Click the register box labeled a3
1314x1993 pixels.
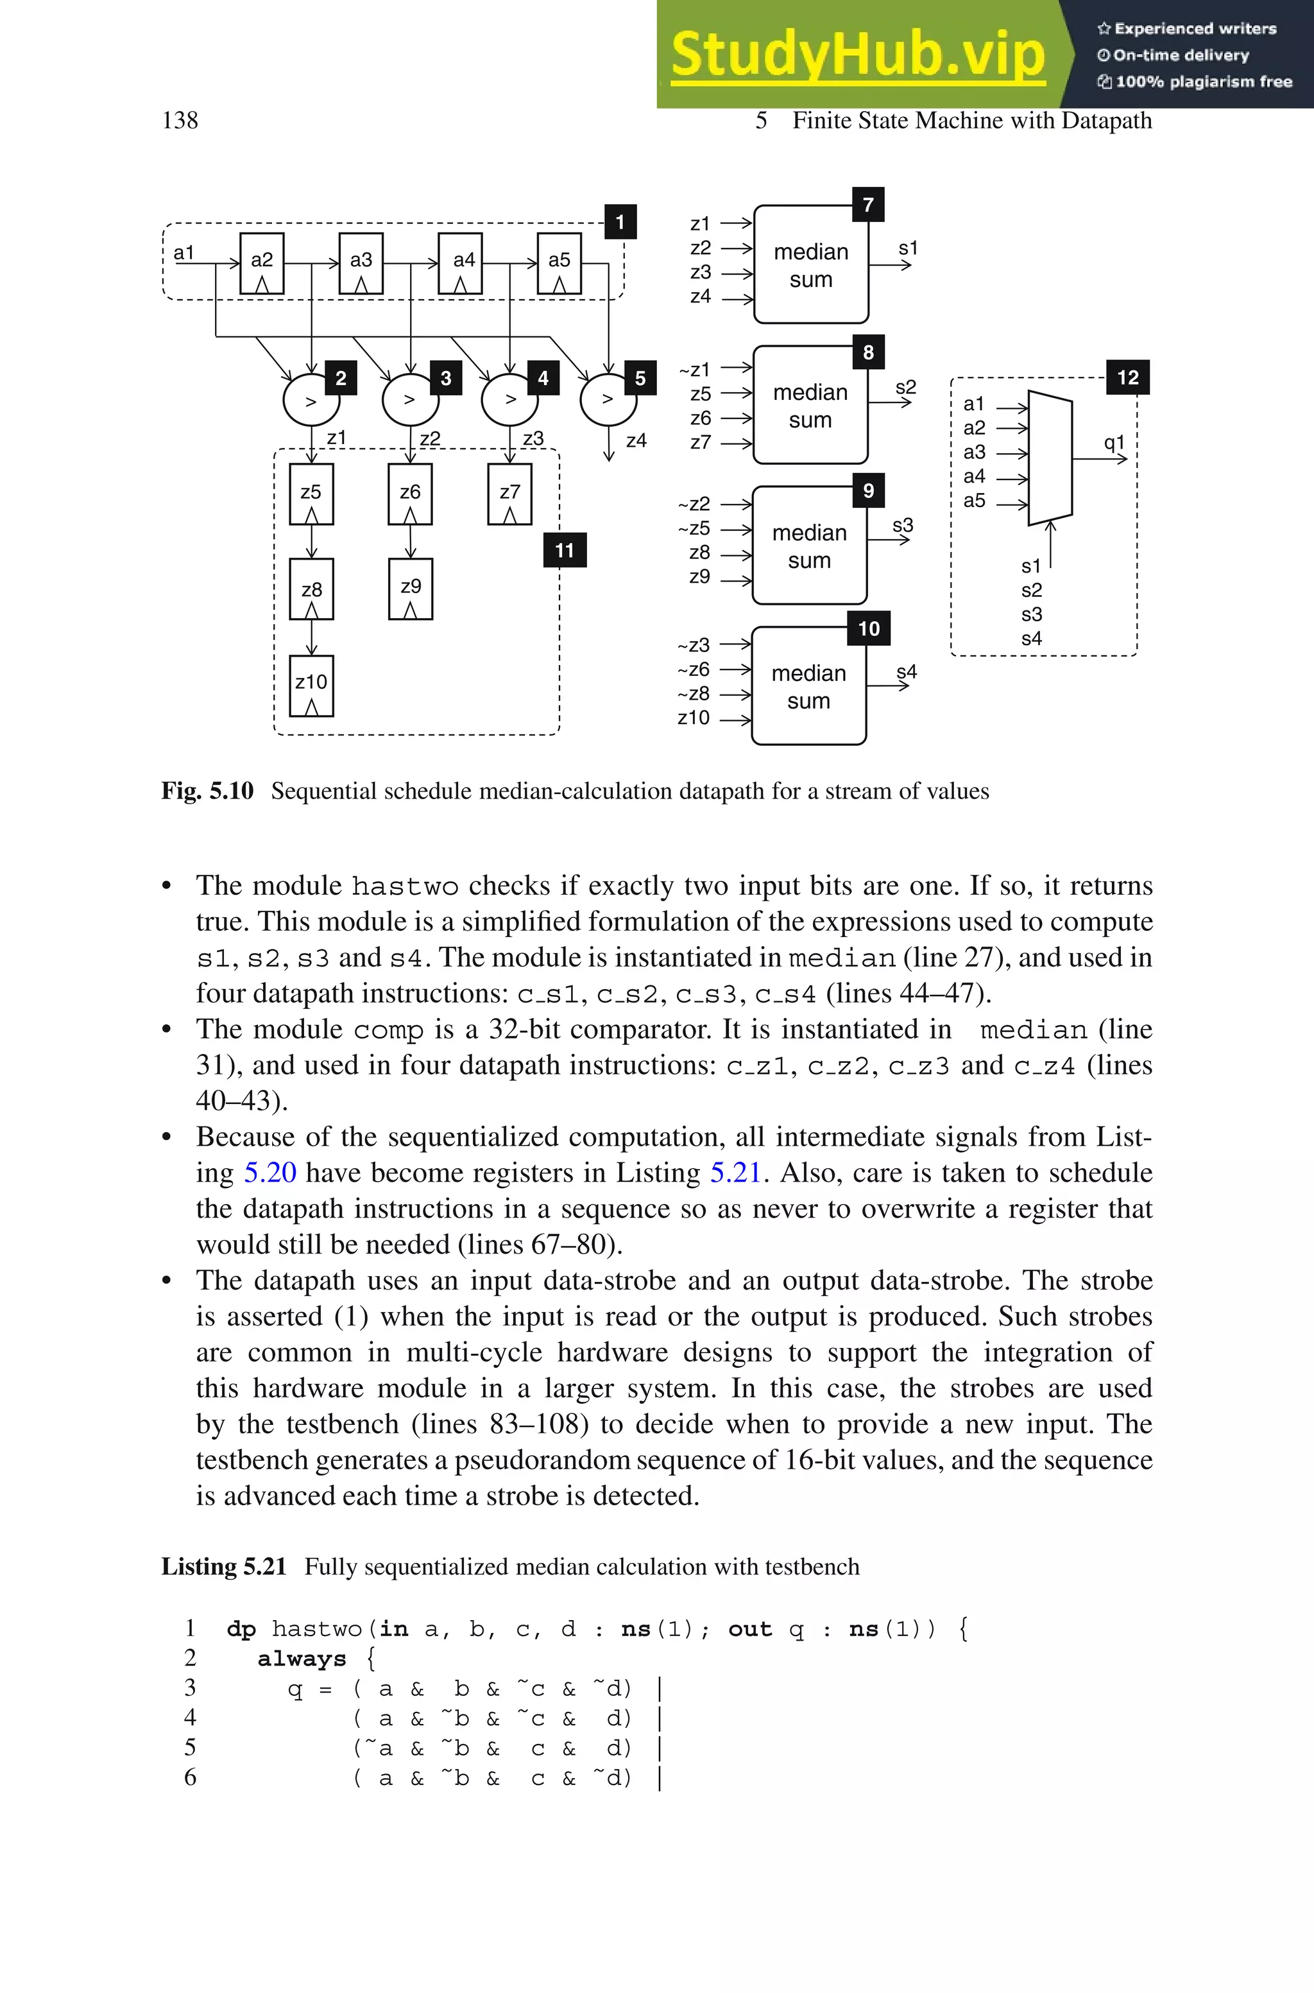pyautogui.click(x=361, y=263)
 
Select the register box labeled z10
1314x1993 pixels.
pyautogui.click(x=311, y=686)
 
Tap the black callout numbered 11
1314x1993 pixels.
pyautogui.click(x=565, y=551)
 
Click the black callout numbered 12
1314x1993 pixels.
pyautogui.click(x=1127, y=377)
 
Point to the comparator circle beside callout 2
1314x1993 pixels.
pyautogui.click(x=311, y=401)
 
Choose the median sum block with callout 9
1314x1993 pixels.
pyautogui.click(x=810, y=546)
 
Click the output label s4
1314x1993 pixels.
pyautogui.click(x=907, y=671)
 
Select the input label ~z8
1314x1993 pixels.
pyautogui.click(x=693, y=693)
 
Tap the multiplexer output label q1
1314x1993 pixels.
pyautogui.click(x=1114, y=442)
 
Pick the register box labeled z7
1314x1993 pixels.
pyautogui.click(x=509, y=494)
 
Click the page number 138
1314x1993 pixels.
pyautogui.click(x=180, y=121)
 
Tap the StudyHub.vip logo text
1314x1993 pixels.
pyautogui.click(x=858, y=55)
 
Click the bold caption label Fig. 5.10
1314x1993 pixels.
pyautogui.click(x=207, y=791)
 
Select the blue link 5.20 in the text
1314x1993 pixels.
pyautogui.click(x=270, y=1171)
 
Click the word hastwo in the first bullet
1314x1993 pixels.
pyautogui.click(x=405, y=886)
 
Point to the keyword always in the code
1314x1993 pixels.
pyautogui.click(x=302, y=1659)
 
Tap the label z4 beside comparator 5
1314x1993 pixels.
pyautogui.click(x=636, y=440)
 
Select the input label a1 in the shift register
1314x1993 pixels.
pyautogui.click(x=183, y=252)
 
